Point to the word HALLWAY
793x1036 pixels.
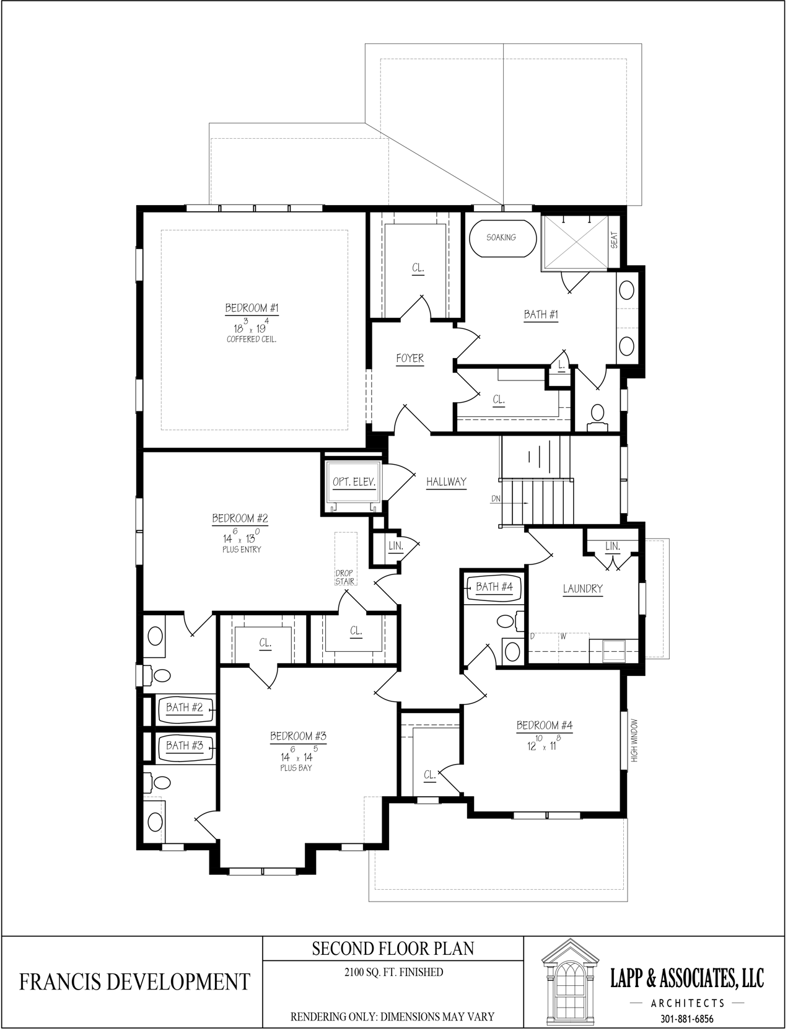pos(446,482)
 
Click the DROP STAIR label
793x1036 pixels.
pos(345,577)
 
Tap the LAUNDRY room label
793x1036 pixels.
pos(583,589)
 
